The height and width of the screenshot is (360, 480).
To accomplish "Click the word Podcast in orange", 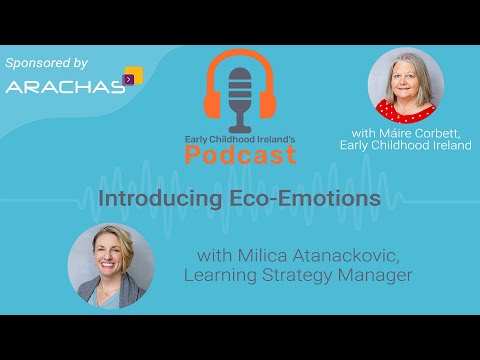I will pos(240,155).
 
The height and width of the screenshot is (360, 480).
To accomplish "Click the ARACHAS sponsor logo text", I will pos(64,86).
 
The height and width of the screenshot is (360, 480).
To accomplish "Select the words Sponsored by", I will pos(47,62).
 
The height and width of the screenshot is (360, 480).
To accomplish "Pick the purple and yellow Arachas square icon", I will pos(132,76).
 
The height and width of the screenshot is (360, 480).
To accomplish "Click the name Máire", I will pos(370,133).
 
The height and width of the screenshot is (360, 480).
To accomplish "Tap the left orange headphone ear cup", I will pos(212,103).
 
